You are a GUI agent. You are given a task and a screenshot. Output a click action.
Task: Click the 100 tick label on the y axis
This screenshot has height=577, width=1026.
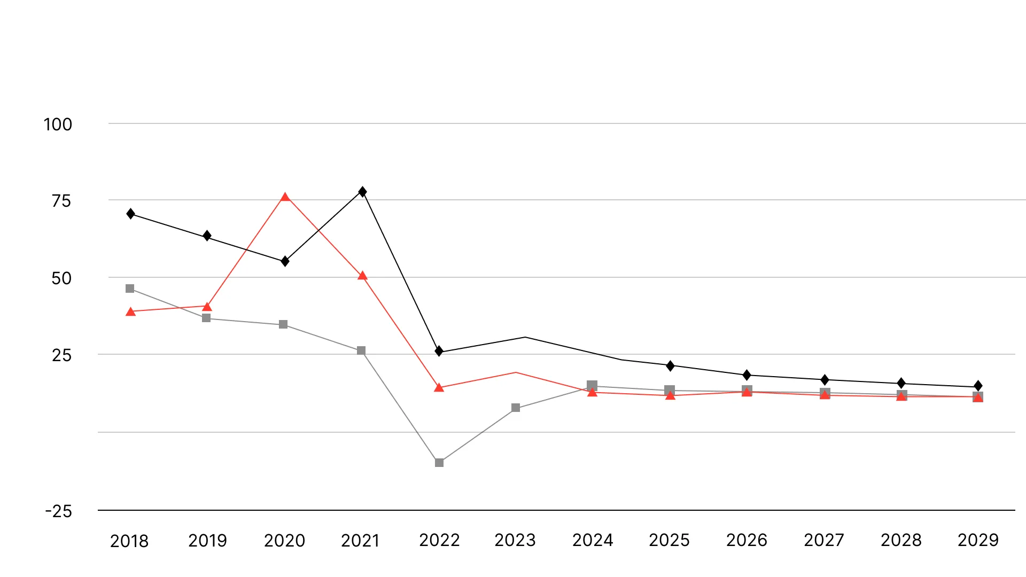click(58, 124)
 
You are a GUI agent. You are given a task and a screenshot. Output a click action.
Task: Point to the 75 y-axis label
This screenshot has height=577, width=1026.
click(61, 201)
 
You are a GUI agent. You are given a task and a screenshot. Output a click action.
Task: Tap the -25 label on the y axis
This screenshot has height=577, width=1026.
click(59, 511)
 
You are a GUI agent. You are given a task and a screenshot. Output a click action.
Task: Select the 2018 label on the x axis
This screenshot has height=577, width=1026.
click(129, 541)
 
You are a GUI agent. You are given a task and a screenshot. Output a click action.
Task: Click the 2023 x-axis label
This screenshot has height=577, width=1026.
click(515, 540)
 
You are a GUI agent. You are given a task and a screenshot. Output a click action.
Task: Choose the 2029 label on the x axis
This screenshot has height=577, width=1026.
click(978, 540)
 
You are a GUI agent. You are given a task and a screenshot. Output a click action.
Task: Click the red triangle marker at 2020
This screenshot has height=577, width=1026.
click(285, 197)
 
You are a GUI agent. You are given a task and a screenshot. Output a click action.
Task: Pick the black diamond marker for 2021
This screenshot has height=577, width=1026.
click(362, 192)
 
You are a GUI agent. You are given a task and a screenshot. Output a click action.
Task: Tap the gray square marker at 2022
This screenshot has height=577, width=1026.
click(439, 463)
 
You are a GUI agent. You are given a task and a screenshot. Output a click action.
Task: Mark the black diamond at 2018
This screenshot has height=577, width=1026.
click(131, 214)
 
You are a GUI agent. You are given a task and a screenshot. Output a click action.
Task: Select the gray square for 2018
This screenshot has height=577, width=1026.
click(130, 288)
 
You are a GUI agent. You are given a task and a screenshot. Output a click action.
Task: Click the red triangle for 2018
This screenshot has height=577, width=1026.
click(131, 312)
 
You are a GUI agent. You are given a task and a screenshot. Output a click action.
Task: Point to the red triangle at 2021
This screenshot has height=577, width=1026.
click(362, 276)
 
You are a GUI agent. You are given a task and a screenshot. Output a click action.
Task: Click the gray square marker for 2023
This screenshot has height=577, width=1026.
click(516, 408)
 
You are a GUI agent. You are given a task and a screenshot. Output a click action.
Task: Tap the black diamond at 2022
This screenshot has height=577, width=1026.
click(439, 351)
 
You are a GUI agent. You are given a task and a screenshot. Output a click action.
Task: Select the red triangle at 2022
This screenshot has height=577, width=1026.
click(439, 388)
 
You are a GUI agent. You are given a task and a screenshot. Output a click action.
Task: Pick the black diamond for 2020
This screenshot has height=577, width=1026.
click(285, 261)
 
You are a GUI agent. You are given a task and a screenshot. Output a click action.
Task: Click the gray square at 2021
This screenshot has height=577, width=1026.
click(361, 350)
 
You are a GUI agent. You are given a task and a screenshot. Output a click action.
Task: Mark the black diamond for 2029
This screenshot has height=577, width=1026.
click(978, 386)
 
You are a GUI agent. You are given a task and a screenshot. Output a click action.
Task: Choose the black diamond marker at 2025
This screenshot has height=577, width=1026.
click(670, 366)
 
